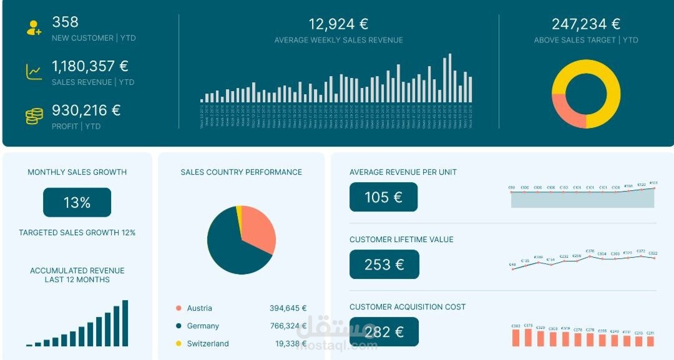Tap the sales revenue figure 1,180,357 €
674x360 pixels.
pyautogui.click(x=90, y=66)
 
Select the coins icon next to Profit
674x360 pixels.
pyautogui.click(x=34, y=116)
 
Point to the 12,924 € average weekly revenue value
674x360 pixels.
pyautogui.click(x=338, y=24)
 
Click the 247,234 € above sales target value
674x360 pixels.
pyautogui.click(x=586, y=24)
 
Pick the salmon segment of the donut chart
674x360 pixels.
pyautogui.click(x=566, y=110)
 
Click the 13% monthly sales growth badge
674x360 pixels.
pyautogui.click(x=77, y=202)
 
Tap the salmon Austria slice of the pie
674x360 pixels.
pyautogui.click(x=256, y=228)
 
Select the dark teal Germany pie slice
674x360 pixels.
pyautogui.click(x=228, y=246)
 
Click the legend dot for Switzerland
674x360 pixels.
pyautogui.click(x=178, y=344)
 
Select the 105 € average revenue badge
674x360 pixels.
pyautogui.click(x=383, y=197)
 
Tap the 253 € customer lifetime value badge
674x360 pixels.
pyautogui.click(x=384, y=265)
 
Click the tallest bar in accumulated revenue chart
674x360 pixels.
pyautogui.click(x=125, y=323)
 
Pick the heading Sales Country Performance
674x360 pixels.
pyautogui.click(x=241, y=172)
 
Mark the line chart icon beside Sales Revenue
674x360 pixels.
pyautogui.click(x=34, y=72)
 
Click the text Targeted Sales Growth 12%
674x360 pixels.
pyautogui.click(x=77, y=233)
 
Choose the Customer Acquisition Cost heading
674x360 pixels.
pyautogui.click(x=408, y=307)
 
